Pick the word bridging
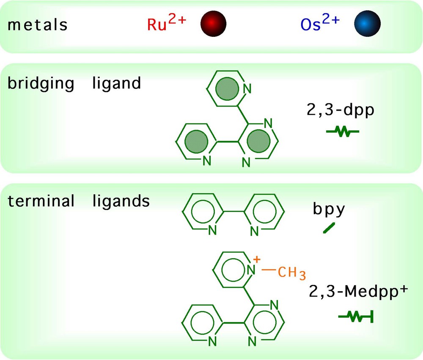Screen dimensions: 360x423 tap(41, 83)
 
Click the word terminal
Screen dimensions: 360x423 tap(41, 201)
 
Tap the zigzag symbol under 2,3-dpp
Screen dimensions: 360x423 tap(343, 132)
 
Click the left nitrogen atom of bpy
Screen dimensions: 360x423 tap(212, 230)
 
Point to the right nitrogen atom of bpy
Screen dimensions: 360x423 tap(254, 231)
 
